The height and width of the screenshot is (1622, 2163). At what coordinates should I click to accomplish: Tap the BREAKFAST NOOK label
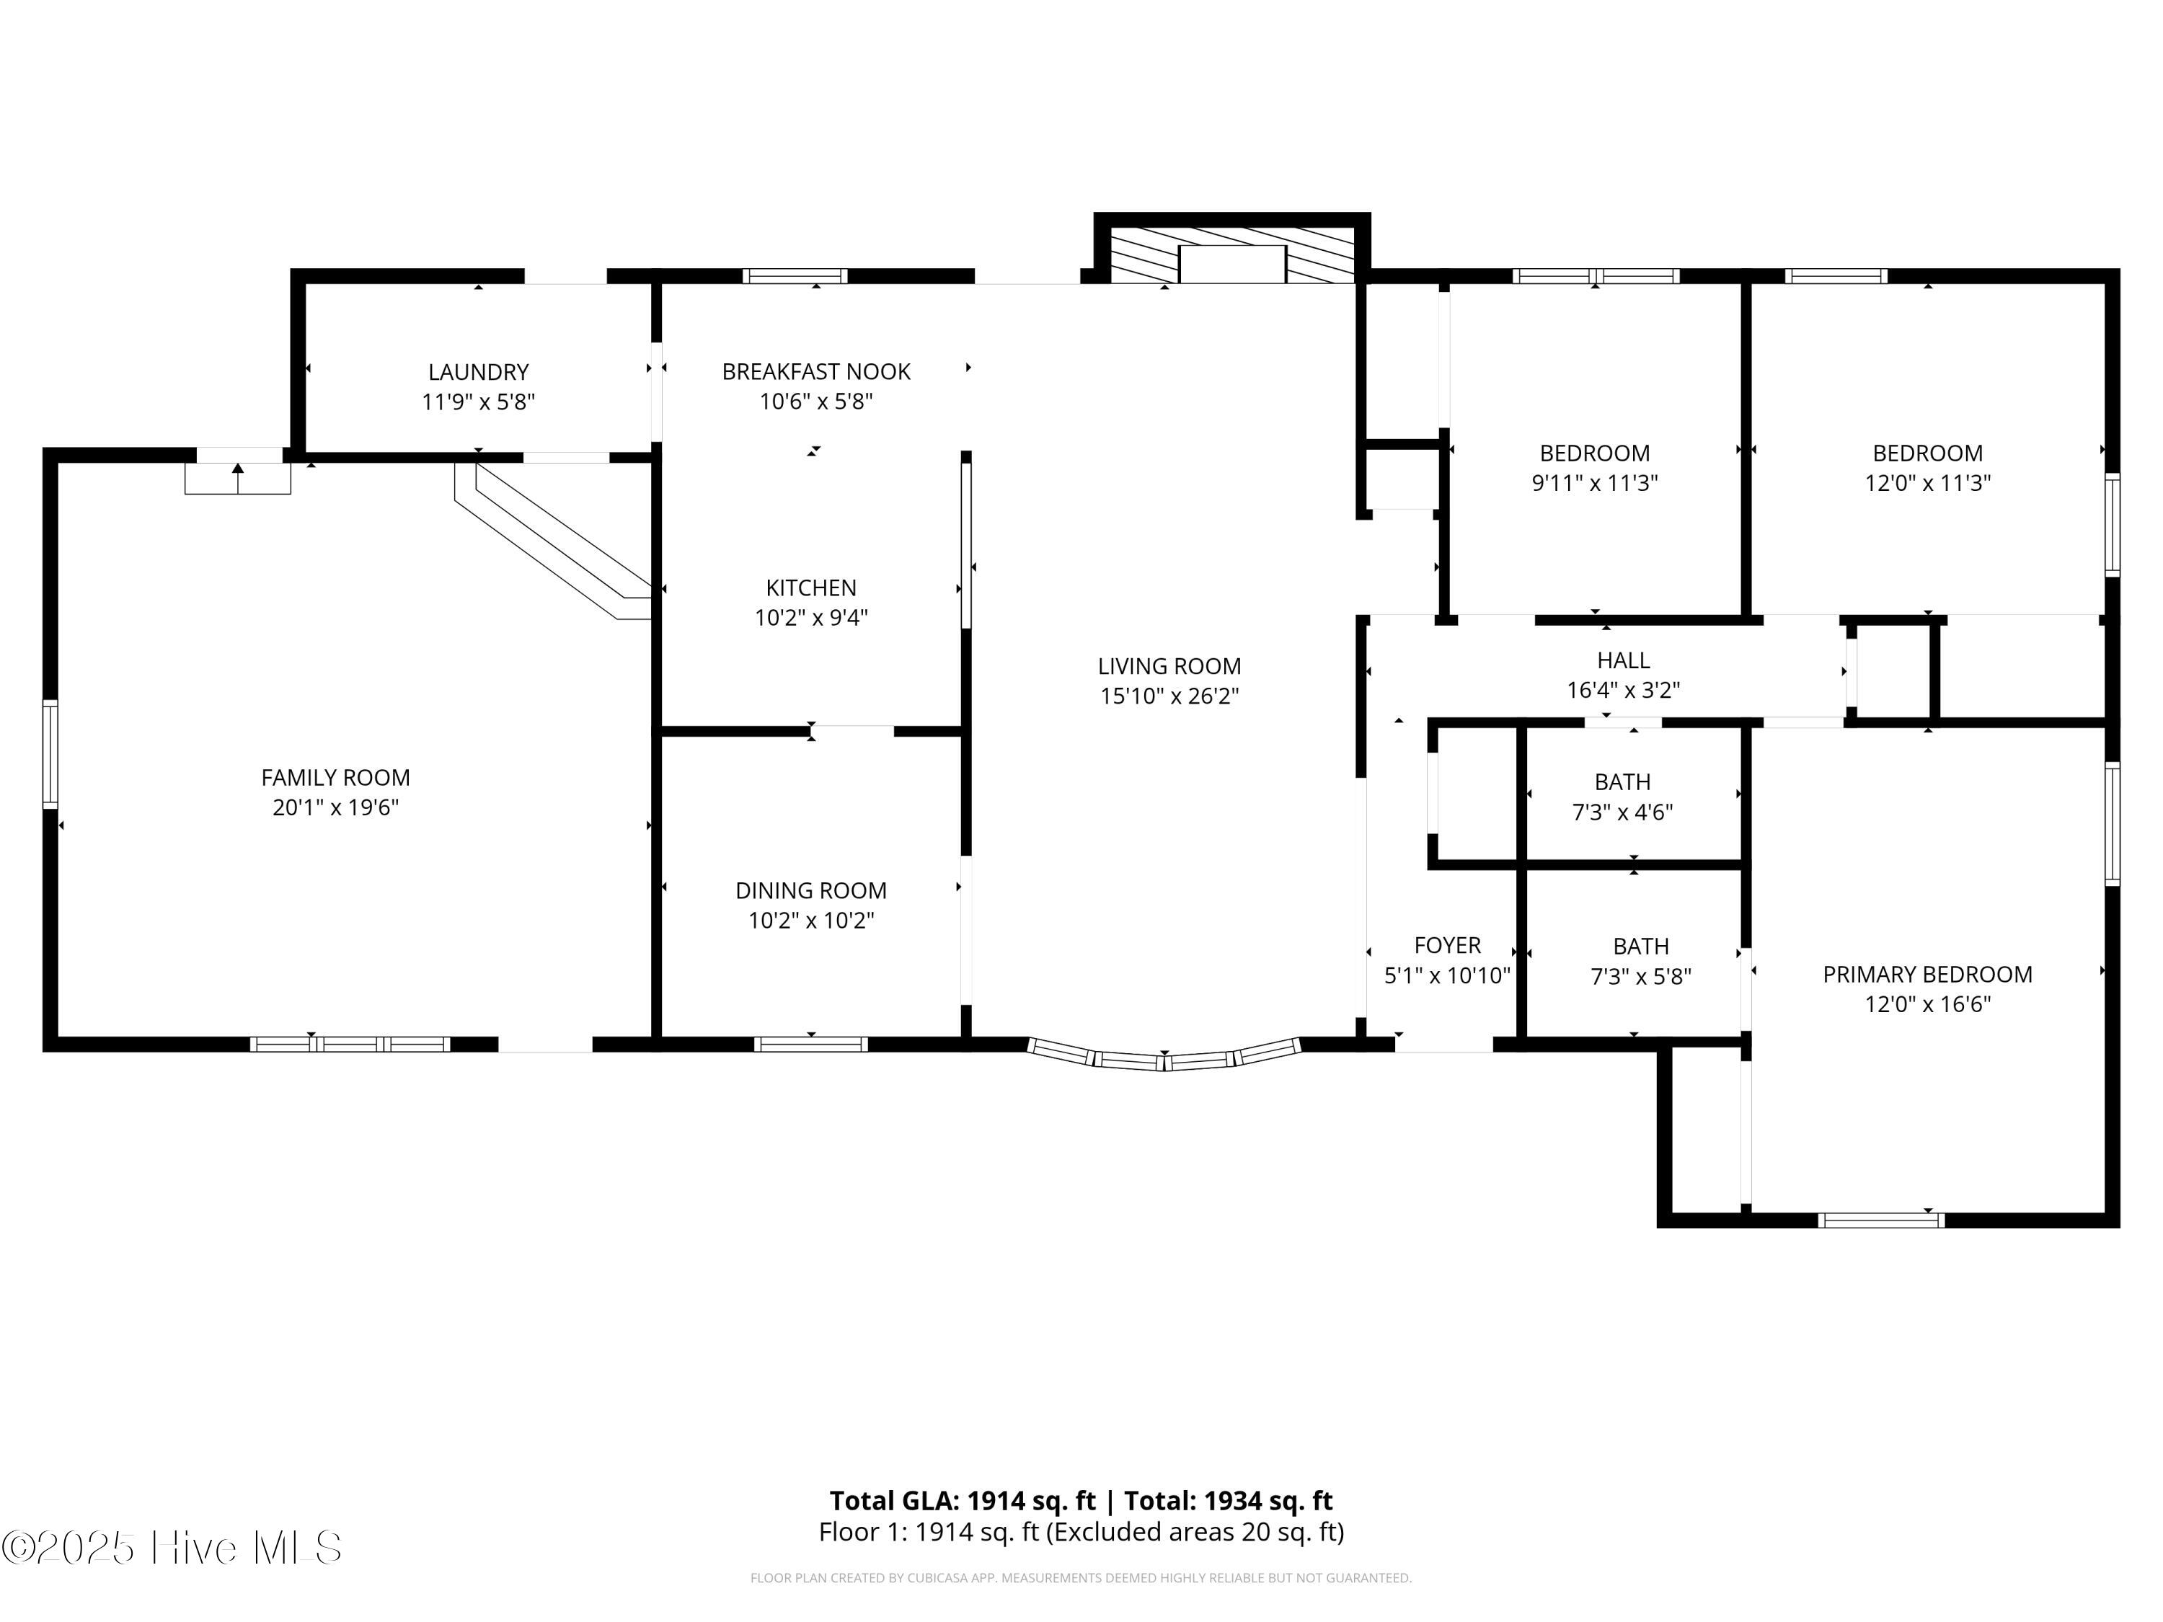point(815,371)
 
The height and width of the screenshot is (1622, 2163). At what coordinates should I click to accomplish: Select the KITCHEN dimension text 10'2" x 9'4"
point(810,618)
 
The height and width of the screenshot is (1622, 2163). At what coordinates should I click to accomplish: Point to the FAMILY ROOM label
point(335,777)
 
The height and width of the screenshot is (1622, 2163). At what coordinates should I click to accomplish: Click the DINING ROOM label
point(810,891)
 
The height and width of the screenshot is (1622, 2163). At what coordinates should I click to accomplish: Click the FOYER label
point(1447,945)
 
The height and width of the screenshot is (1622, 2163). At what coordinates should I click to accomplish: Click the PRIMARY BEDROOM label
point(1927,975)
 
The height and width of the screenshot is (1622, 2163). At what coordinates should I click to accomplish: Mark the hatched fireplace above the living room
point(1232,256)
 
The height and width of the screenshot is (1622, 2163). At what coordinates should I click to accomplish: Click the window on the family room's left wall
point(50,754)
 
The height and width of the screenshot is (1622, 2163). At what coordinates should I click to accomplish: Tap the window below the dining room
point(810,1044)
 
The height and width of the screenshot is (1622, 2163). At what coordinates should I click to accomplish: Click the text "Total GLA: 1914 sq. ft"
point(963,1501)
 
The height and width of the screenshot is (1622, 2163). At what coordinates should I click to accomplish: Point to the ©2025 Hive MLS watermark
point(172,1548)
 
